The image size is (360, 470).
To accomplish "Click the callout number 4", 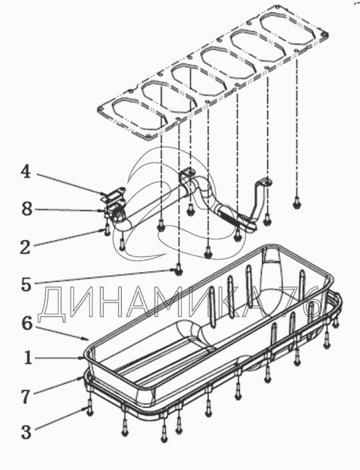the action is click(26, 172).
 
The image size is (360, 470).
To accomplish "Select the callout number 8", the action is click(27, 209).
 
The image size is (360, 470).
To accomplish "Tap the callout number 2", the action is click(25, 247).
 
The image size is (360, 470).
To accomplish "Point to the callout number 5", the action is click(26, 285).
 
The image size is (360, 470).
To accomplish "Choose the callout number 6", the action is click(27, 324).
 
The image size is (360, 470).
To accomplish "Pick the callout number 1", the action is click(28, 358).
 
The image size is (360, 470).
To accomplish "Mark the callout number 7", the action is click(26, 397).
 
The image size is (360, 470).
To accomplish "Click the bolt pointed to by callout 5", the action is click(178, 270).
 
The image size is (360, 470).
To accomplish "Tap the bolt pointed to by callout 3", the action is click(89, 409).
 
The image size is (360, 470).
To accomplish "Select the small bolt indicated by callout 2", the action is click(107, 230).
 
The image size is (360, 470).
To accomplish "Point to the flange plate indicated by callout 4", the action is click(113, 194).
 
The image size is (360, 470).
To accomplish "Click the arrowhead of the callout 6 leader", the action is click(87, 339).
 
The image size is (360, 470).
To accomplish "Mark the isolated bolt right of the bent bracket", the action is click(297, 203).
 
